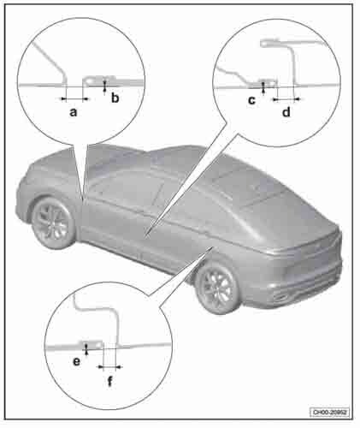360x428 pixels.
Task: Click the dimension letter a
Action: tap(74, 112)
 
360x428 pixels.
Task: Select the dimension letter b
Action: tap(115, 98)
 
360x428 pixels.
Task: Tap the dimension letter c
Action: tap(251, 100)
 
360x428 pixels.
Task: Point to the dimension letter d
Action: tap(286, 111)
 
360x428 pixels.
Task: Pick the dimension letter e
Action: tap(77, 362)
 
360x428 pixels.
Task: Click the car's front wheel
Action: tap(54, 223)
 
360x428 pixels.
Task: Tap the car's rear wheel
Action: tap(219, 288)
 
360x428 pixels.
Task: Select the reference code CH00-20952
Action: tap(330, 412)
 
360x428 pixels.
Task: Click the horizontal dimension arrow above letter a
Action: tap(74, 99)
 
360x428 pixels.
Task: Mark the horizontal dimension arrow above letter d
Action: tap(286, 99)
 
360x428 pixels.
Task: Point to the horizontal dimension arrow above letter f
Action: tap(110, 366)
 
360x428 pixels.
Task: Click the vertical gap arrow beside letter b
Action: tap(105, 86)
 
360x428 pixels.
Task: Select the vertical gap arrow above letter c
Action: tap(263, 87)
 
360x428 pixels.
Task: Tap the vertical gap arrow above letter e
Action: tap(86, 348)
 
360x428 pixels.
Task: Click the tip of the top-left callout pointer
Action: tap(84, 200)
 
